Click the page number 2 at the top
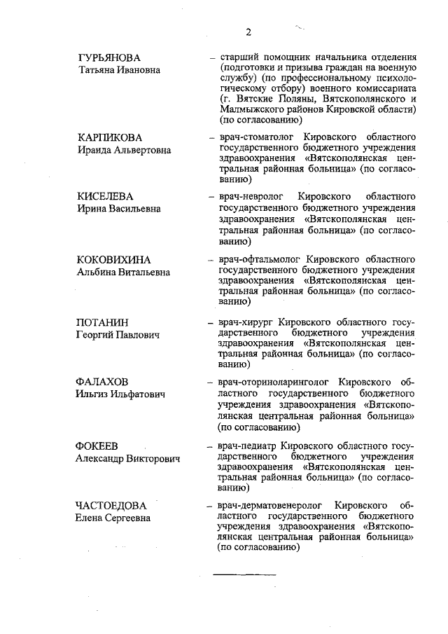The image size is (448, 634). pos(248,32)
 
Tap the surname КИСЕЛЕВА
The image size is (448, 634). pos(105,195)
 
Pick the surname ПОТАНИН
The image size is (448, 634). pos(102,322)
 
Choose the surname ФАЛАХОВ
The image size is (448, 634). pos(104,383)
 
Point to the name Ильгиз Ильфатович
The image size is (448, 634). pos(120,395)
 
